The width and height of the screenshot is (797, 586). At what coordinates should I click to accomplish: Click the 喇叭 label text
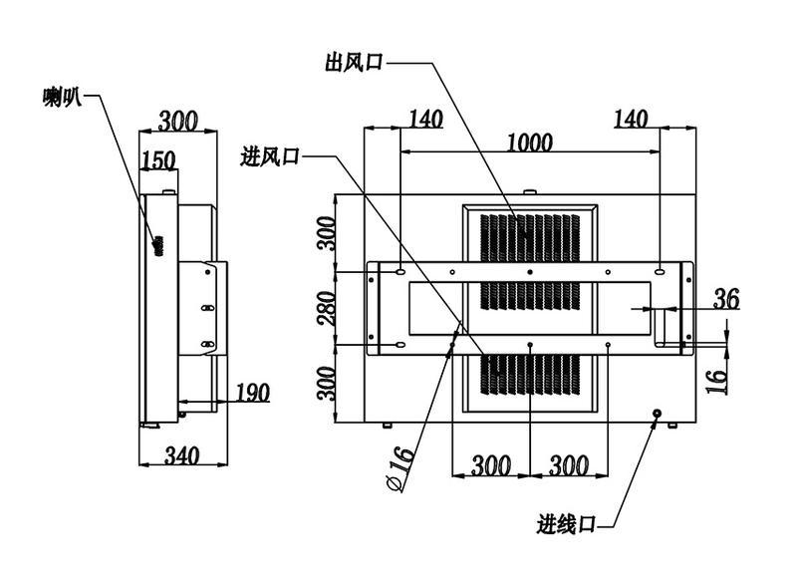click(x=62, y=96)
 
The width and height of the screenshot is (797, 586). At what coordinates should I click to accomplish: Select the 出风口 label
click(x=355, y=63)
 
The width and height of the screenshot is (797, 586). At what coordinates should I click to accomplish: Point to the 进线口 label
click(x=566, y=524)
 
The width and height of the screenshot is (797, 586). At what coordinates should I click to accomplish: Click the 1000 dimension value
click(x=530, y=142)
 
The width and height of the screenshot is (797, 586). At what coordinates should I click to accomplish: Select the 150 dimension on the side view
click(x=158, y=160)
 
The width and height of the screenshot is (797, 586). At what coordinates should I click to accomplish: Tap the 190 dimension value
click(x=253, y=393)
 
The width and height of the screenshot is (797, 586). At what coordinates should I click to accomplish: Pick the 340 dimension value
click(x=181, y=454)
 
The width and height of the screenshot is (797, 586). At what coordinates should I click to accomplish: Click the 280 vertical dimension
click(x=327, y=308)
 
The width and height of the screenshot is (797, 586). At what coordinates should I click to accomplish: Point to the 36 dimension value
click(x=726, y=299)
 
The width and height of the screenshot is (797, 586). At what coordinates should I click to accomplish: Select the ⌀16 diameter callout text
click(x=400, y=468)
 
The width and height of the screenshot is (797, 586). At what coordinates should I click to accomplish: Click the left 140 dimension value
click(x=426, y=119)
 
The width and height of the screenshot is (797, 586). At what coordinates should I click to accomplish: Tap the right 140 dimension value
click(x=631, y=119)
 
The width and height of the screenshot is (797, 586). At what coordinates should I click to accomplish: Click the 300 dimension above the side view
click(x=178, y=121)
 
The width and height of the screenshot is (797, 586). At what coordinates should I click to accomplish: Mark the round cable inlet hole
click(x=657, y=414)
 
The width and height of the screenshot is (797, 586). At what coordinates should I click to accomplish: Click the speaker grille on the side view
click(x=158, y=245)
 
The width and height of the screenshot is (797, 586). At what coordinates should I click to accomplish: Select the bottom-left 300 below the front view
click(x=491, y=465)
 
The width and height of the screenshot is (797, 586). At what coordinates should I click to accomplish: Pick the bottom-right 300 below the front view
click(x=569, y=465)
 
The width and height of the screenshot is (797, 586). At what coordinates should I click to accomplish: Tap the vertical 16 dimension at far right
click(x=716, y=382)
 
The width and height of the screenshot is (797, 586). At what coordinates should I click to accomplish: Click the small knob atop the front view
click(x=530, y=191)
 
